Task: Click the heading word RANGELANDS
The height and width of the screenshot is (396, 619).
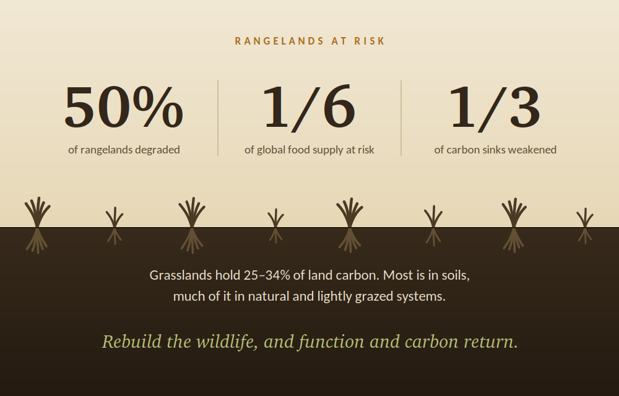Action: pyautogui.click(x=280, y=41)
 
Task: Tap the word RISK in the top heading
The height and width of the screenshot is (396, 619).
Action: pyautogui.click(x=370, y=41)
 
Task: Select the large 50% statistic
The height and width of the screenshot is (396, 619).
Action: pyautogui.click(x=124, y=107)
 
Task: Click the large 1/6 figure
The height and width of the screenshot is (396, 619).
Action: pyautogui.click(x=309, y=107)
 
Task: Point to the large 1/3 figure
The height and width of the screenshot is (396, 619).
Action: pyautogui.click(x=495, y=107)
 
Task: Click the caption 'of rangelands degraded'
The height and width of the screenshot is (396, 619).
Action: pyautogui.click(x=124, y=150)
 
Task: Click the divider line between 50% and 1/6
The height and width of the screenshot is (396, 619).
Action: pyautogui.click(x=218, y=118)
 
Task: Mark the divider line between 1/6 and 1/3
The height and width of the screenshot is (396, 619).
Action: pyautogui.click(x=401, y=118)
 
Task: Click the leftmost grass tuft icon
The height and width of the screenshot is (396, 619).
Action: pyautogui.click(x=38, y=225)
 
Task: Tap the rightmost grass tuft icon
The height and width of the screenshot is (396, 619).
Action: pyautogui.click(x=585, y=226)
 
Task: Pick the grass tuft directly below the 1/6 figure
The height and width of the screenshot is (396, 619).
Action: pyautogui.click(x=275, y=226)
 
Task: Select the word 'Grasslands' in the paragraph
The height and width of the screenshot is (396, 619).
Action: pyautogui.click(x=181, y=275)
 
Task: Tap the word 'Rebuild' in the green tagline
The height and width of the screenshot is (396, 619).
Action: pyautogui.click(x=132, y=341)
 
